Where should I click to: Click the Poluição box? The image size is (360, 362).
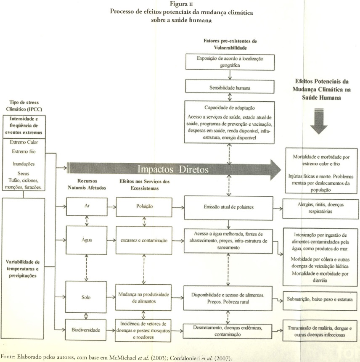144,206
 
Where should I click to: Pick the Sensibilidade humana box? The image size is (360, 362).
230,88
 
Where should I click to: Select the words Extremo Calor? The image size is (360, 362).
23,142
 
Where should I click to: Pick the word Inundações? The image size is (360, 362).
23,164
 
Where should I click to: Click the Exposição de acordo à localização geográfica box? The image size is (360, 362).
230,61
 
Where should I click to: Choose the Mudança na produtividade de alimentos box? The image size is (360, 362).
144,297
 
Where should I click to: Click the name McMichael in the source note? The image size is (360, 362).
124,357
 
